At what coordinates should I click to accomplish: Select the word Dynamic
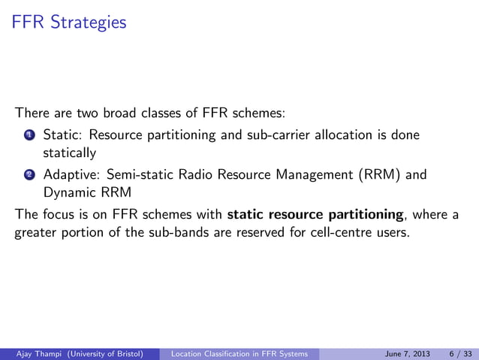[68, 192]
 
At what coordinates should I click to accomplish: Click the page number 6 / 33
[459, 352]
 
